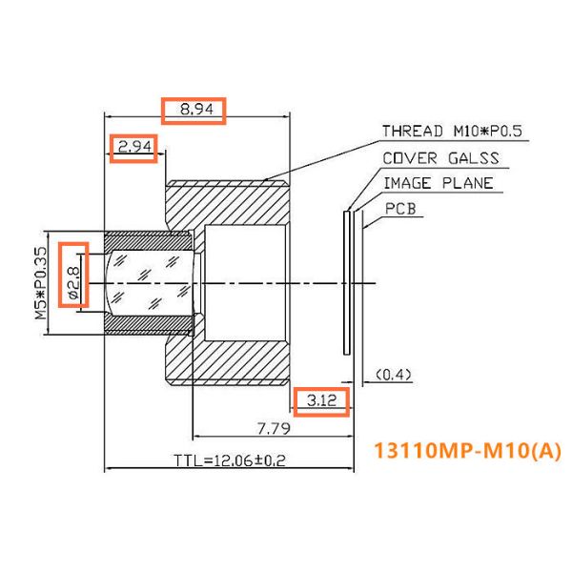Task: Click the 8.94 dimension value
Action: coord(193,111)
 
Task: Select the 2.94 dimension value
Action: coord(134,147)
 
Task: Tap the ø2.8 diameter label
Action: coord(73,275)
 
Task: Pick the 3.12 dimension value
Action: coord(322,402)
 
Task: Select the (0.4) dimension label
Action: coord(394,375)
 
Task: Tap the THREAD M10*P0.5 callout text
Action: coord(452,132)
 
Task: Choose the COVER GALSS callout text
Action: coord(439,158)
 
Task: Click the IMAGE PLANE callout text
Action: coord(438,183)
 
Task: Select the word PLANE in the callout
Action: coord(468,183)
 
